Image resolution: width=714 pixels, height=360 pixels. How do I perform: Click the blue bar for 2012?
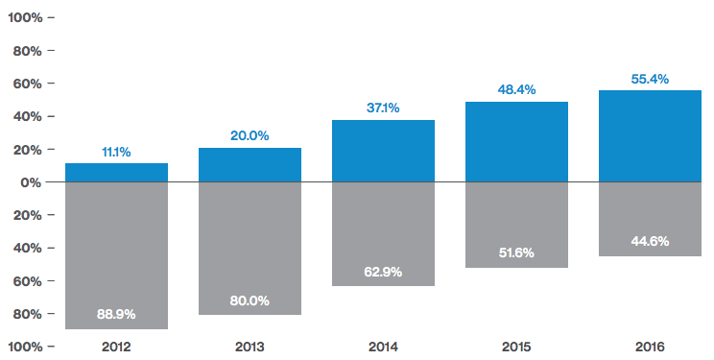point(116,173)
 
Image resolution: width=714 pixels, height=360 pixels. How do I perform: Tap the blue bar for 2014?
point(383,151)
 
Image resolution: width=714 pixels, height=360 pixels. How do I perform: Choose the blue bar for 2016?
point(650,135)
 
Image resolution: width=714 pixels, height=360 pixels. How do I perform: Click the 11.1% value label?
point(116,152)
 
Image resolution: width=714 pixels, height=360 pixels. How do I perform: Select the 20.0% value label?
point(250,136)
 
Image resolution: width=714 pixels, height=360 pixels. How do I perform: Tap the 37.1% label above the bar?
point(383,108)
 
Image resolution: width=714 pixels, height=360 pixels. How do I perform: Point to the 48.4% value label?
point(516,89)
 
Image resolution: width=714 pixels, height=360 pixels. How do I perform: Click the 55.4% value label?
point(650,78)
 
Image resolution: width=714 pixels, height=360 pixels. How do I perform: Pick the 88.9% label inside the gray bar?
point(116,314)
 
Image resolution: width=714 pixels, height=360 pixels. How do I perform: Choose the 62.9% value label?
point(383,272)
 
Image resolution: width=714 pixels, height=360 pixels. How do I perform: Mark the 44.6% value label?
point(650,241)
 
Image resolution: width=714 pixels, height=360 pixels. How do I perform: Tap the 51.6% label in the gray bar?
point(516,252)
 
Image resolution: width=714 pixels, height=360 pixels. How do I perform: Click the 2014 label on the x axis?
point(383,347)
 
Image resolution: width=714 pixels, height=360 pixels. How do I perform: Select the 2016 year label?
point(650,347)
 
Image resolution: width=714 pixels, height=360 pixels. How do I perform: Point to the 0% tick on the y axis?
point(31,182)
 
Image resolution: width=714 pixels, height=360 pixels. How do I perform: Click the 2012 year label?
point(116,347)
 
